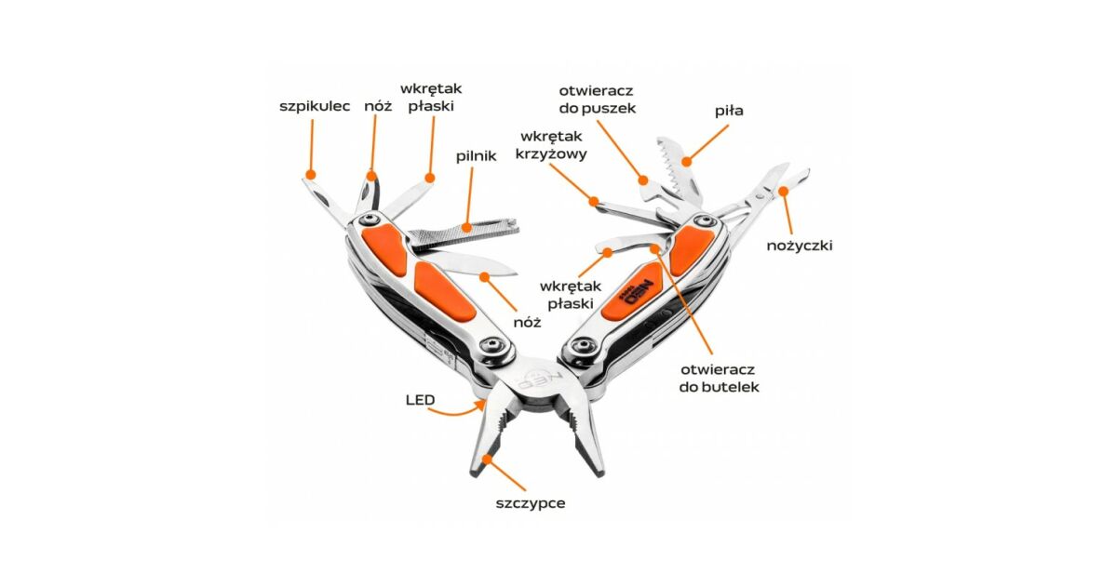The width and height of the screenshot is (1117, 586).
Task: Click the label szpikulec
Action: (x=315, y=106)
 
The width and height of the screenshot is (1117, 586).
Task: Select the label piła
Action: (x=729, y=111)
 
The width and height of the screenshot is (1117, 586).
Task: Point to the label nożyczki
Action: (x=800, y=246)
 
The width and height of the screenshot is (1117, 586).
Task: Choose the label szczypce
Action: (x=531, y=503)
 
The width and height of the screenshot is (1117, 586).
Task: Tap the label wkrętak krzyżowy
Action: (x=551, y=145)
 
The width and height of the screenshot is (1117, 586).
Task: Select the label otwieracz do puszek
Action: (x=597, y=99)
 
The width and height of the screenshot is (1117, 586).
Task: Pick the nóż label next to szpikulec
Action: (x=378, y=106)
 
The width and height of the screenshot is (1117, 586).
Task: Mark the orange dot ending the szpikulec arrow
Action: (x=310, y=173)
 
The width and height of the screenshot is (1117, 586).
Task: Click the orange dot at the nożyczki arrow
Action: (x=783, y=193)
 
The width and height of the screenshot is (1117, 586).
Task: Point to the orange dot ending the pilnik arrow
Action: (x=462, y=222)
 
